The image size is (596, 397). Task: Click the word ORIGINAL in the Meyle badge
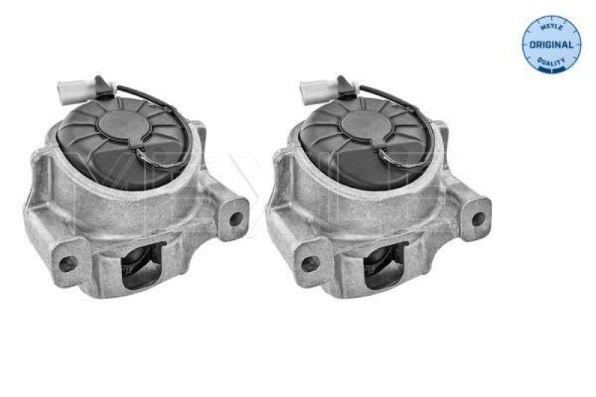[553, 45]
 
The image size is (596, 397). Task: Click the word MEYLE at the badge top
[553, 27]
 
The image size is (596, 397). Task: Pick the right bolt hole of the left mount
[236, 220]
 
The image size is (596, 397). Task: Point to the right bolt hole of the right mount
[478, 220]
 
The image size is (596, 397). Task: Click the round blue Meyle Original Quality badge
[553, 45]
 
